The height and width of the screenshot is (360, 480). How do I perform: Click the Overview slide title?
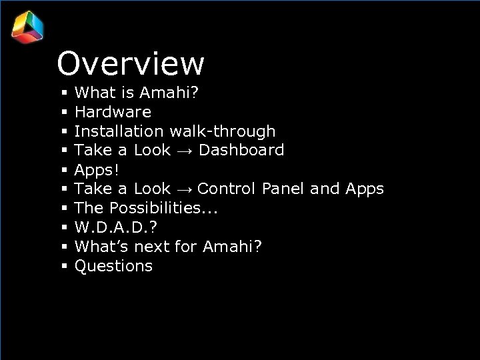point(131,64)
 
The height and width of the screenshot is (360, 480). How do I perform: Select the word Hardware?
point(113,112)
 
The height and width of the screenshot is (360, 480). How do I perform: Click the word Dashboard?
point(241,150)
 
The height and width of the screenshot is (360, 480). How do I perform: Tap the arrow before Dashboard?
point(185,151)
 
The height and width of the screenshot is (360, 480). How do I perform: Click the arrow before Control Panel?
point(185,189)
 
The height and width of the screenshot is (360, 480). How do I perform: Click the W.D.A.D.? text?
point(110,227)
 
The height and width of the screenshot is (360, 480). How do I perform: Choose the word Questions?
point(113,266)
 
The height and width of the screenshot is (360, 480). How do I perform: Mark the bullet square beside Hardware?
point(64,113)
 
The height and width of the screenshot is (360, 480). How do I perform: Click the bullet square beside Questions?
point(64,267)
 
